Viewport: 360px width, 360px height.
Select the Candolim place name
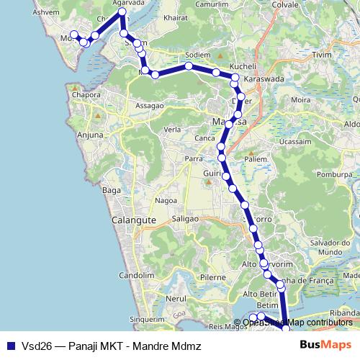pyautogui.click(x=137, y=275)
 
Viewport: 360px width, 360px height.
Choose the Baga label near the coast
pyautogui.click(x=111, y=190)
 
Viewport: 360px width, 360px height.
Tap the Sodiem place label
pyautogui.click(x=197, y=55)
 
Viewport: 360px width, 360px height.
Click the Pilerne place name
pyautogui.click(x=213, y=276)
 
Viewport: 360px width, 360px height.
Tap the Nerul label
pyautogui.click(x=176, y=297)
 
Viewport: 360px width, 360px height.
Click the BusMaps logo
pyautogui.click(x=325, y=345)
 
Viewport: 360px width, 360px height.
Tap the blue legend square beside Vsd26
pyautogui.click(x=9, y=345)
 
